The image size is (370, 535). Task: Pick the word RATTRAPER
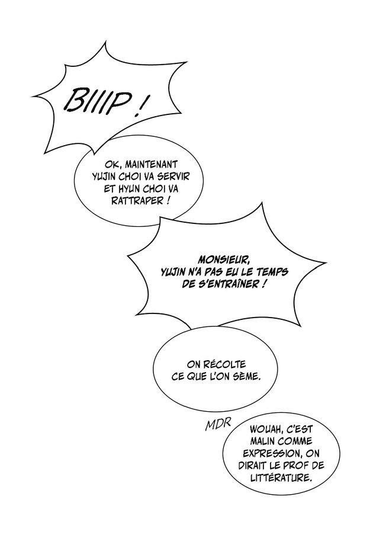(137, 201)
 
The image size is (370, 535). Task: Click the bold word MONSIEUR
(223, 261)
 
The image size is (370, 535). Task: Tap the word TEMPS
(272, 272)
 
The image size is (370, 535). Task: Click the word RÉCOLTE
(225, 365)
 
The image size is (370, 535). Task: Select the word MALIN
(264, 441)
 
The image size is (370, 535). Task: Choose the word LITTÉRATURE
(281, 477)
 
